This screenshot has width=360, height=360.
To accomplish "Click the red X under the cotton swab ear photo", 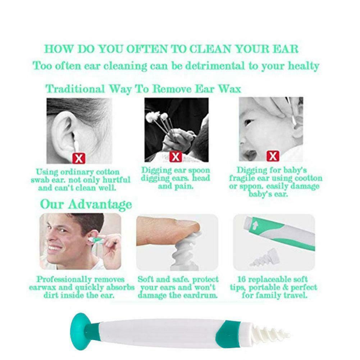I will point(79,157).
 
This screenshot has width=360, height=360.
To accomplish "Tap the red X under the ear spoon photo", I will point(175,157).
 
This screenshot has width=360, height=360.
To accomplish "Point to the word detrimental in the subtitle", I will point(217,66).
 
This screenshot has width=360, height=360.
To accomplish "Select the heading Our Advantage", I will point(86,204).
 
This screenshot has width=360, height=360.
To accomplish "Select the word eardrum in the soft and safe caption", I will point(200,296).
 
